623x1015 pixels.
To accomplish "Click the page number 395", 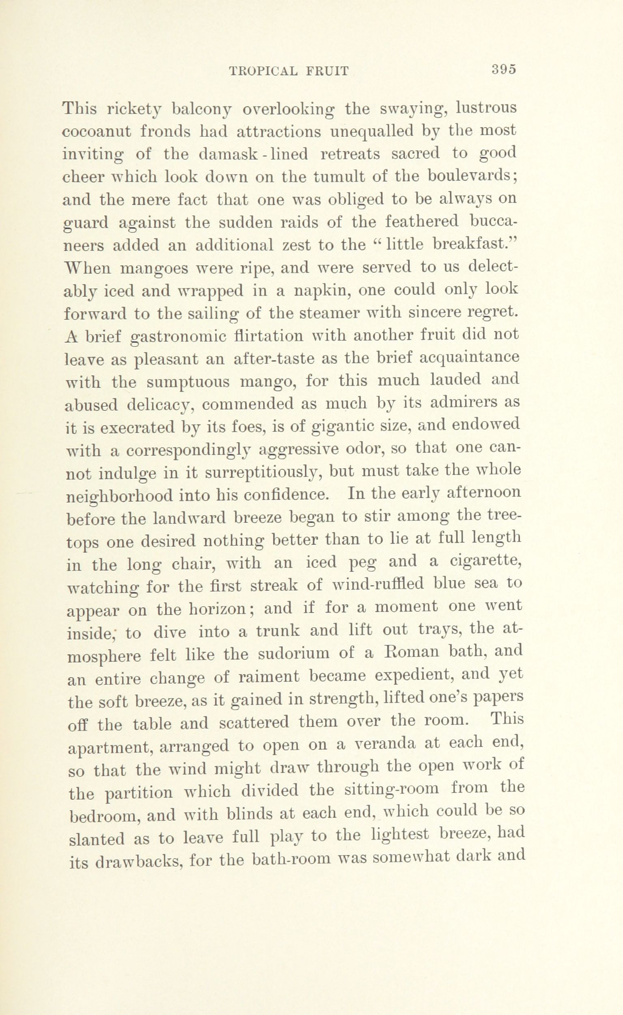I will coord(504,69).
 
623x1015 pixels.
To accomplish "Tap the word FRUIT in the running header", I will coord(328,72).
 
